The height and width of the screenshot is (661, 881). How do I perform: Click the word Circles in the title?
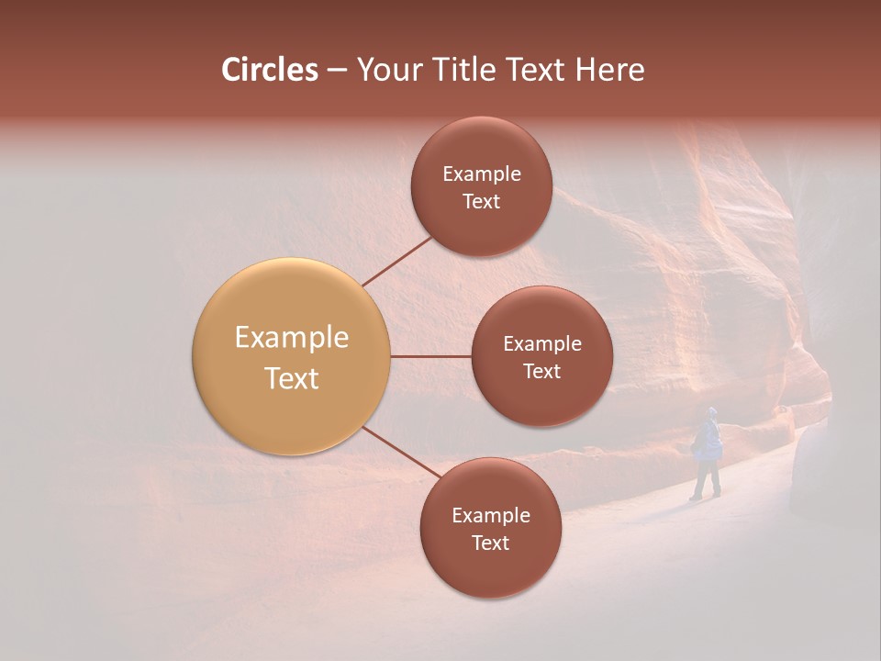(x=269, y=70)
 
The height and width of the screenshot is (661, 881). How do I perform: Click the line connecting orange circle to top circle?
(x=396, y=262)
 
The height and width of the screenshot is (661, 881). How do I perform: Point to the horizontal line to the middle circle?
(x=430, y=356)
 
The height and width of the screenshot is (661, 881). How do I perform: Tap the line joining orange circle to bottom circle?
(x=402, y=454)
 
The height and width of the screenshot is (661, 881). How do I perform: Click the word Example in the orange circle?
(x=291, y=338)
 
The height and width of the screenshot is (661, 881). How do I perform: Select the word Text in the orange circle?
(x=291, y=378)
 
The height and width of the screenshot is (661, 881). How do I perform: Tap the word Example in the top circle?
(x=481, y=174)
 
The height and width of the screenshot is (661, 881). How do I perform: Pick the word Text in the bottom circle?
(x=490, y=543)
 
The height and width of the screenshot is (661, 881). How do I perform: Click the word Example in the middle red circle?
(x=541, y=344)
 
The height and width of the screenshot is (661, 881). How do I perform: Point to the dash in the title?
(x=337, y=71)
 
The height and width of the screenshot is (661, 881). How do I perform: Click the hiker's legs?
(x=706, y=479)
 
